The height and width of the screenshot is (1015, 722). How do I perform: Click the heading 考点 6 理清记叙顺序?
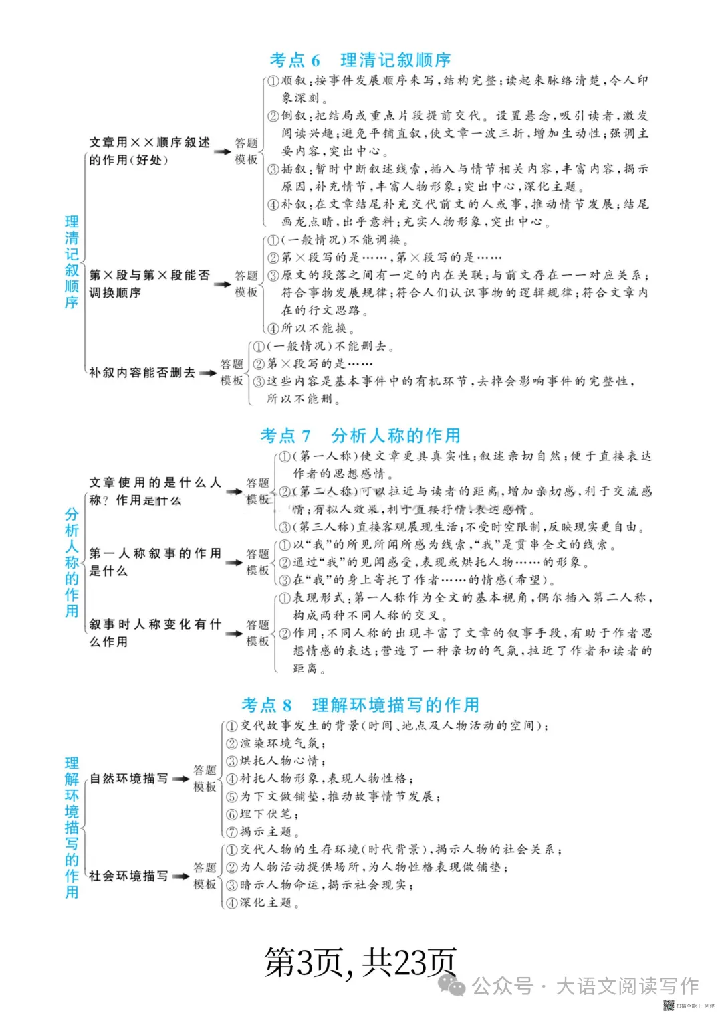(x=360, y=60)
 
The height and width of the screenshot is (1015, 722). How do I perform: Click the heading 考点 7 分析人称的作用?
(x=360, y=436)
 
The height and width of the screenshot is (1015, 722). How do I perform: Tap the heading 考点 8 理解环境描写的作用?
(x=360, y=705)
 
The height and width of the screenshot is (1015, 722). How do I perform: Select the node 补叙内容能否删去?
(x=142, y=373)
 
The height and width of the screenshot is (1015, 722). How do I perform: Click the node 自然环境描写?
(x=129, y=779)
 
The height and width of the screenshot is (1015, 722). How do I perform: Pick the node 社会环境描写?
(x=129, y=876)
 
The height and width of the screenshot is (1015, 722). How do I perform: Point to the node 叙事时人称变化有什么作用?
(x=155, y=633)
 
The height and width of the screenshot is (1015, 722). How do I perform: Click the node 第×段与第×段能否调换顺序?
(x=150, y=284)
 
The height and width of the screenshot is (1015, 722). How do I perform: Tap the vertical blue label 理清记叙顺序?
(x=72, y=262)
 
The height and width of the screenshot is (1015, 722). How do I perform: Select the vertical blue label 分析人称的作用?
(x=72, y=562)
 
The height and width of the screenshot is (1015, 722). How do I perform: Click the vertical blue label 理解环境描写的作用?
(x=72, y=828)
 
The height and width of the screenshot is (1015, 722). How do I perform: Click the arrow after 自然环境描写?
(x=180, y=779)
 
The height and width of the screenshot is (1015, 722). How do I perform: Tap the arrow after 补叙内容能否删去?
(x=208, y=373)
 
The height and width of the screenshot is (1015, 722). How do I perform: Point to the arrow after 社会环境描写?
(x=180, y=876)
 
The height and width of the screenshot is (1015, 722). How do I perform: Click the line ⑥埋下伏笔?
(x=262, y=814)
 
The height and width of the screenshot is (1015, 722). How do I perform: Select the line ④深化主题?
(x=262, y=903)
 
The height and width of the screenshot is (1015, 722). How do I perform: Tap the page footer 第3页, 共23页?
(x=360, y=963)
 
